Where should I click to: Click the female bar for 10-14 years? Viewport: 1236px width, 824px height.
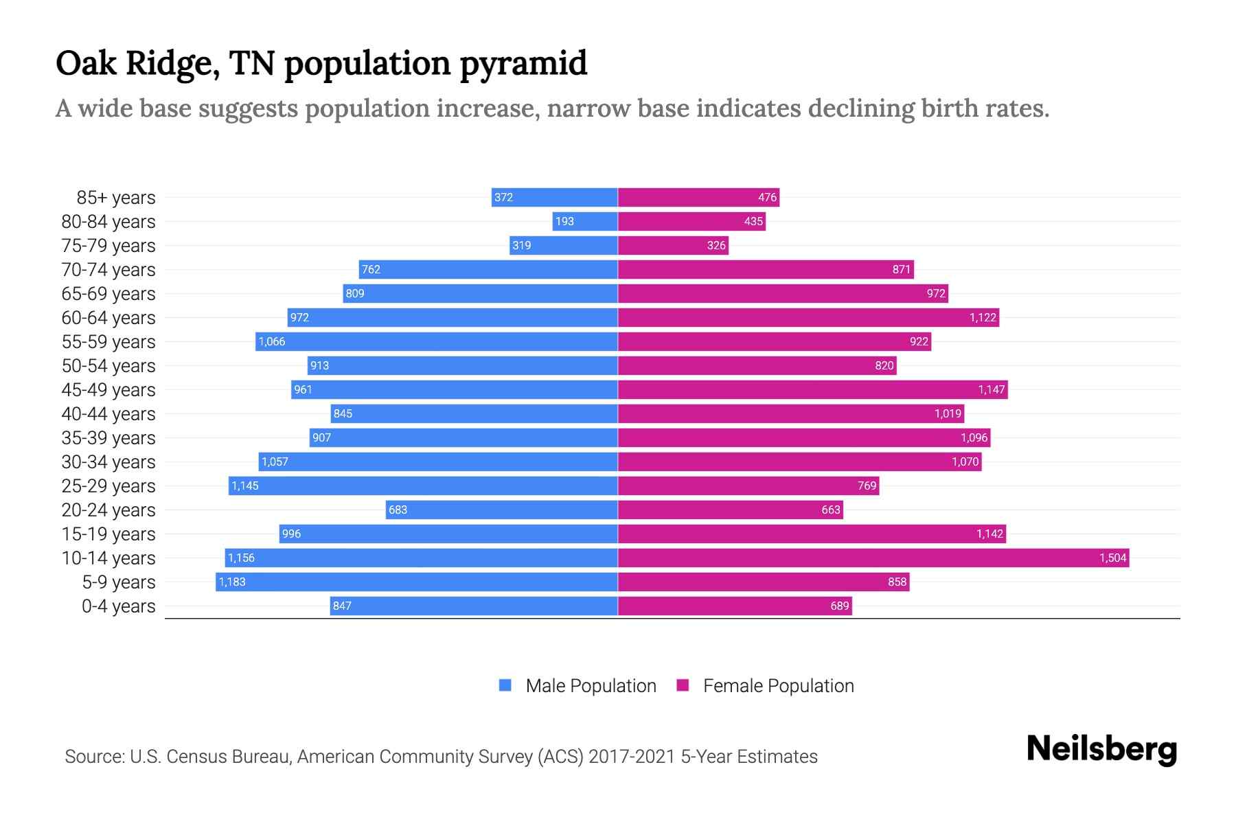tap(872, 558)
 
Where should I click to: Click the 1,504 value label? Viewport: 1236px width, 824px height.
tap(1112, 558)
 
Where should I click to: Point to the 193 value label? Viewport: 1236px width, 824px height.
tap(564, 221)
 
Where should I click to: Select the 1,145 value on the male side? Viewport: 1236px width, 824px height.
tap(245, 485)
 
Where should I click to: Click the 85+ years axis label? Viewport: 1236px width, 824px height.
tap(116, 198)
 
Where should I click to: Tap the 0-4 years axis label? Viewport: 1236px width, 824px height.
tap(118, 606)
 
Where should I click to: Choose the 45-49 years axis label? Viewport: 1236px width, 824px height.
tap(108, 390)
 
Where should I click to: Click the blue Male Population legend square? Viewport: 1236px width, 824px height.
tap(505, 685)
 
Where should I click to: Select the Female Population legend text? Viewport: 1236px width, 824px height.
tap(778, 685)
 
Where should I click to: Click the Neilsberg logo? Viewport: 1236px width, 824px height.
tap(1101, 749)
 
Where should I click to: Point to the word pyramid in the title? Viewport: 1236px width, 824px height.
tap(523, 64)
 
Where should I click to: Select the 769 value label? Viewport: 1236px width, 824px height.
tap(867, 485)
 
